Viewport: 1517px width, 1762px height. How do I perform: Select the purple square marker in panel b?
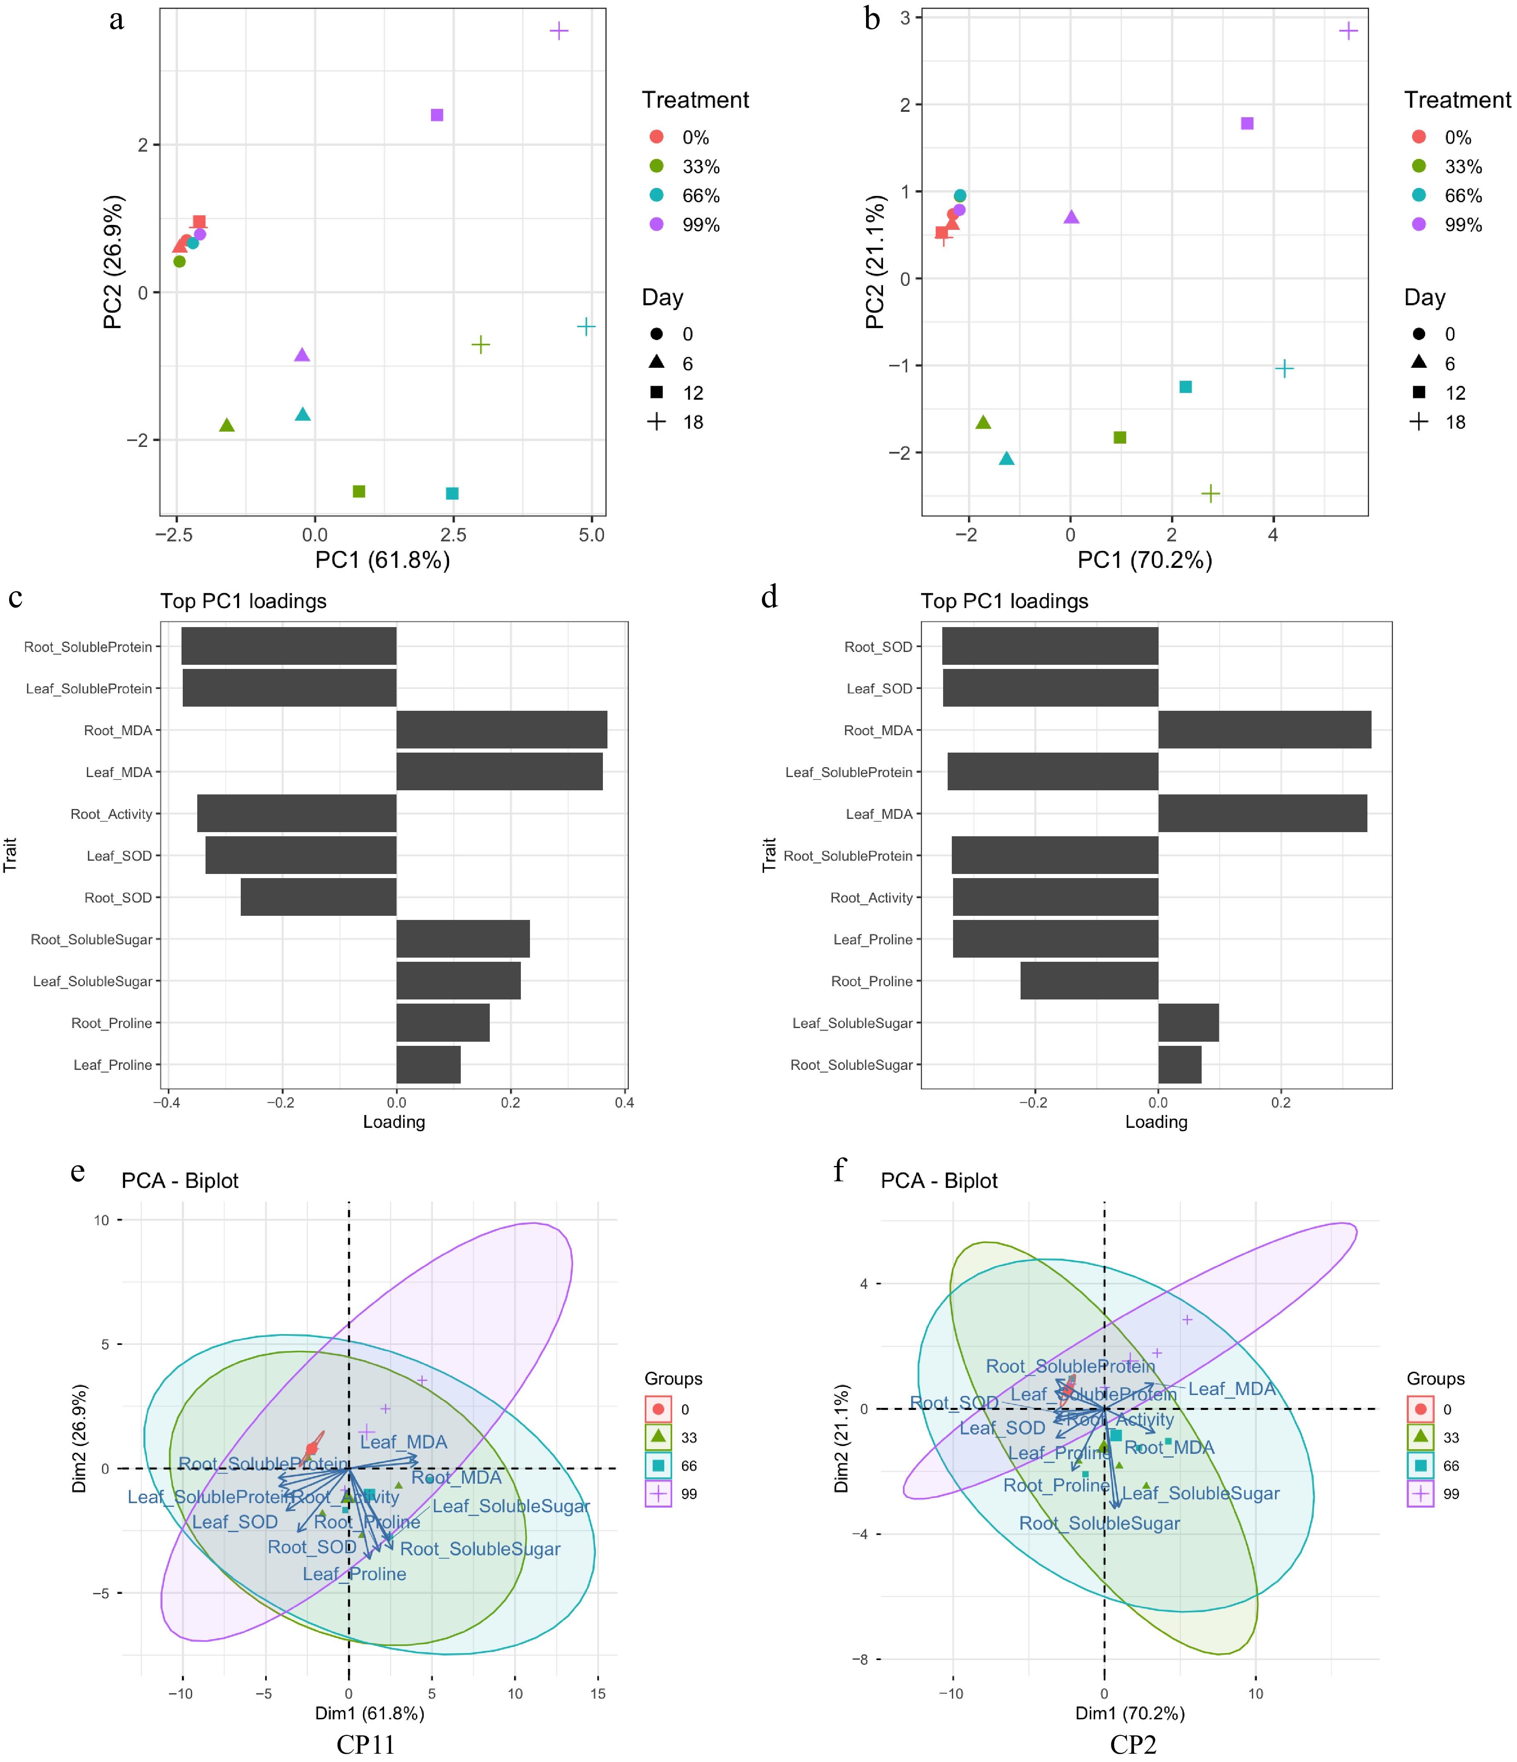(x=1247, y=123)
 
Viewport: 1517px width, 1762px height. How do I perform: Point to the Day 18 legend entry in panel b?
(x=1442, y=422)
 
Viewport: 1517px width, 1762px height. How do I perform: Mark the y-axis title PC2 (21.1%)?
(x=875, y=262)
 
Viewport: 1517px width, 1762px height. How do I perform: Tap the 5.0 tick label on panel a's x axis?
(x=591, y=535)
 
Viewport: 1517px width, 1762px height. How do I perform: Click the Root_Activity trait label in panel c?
(x=111, y=814)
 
